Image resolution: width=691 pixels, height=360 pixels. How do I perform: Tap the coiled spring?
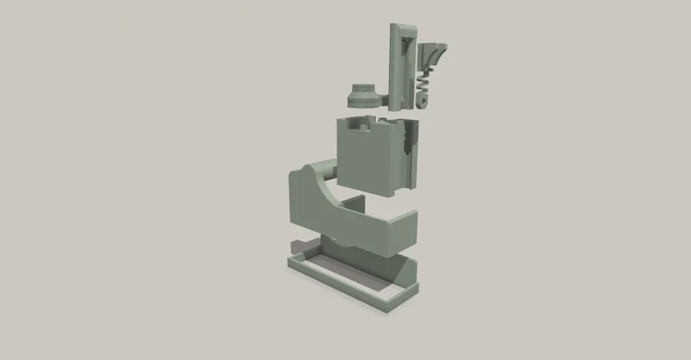(424, 86)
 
